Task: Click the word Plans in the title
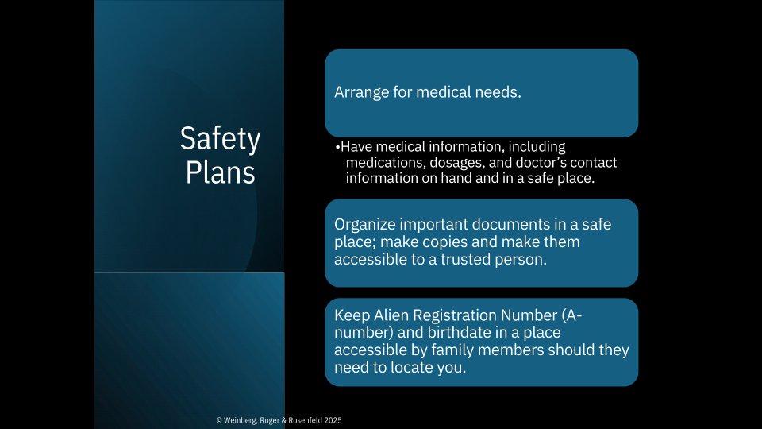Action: pyautogui.click(x=220, y=172)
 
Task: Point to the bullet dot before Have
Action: pyautogui.click(x=337, y=147)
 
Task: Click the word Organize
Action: pyautogui.click(x=365, y=225)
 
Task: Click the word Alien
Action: pyautogui.click(x=391, y=315)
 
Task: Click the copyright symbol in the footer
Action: pyautogui.click(x=219, y=421)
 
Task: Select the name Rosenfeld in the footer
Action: pyautogui.click(x=305, y=421)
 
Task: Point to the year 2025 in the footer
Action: pyautogui.click(x=333, y=421)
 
